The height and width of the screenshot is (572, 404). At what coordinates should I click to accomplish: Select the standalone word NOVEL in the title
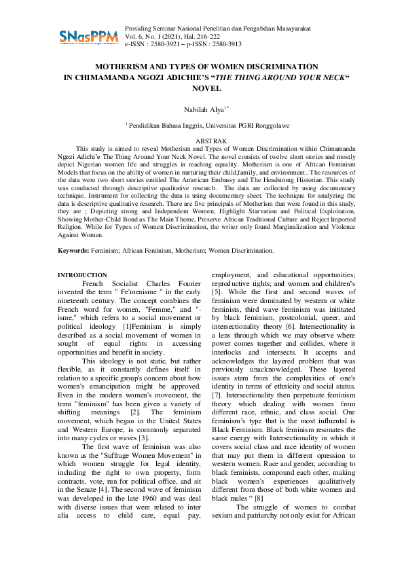(x=202, y=88)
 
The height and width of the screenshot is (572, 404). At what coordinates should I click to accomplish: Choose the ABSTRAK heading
(x=202, y=140)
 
